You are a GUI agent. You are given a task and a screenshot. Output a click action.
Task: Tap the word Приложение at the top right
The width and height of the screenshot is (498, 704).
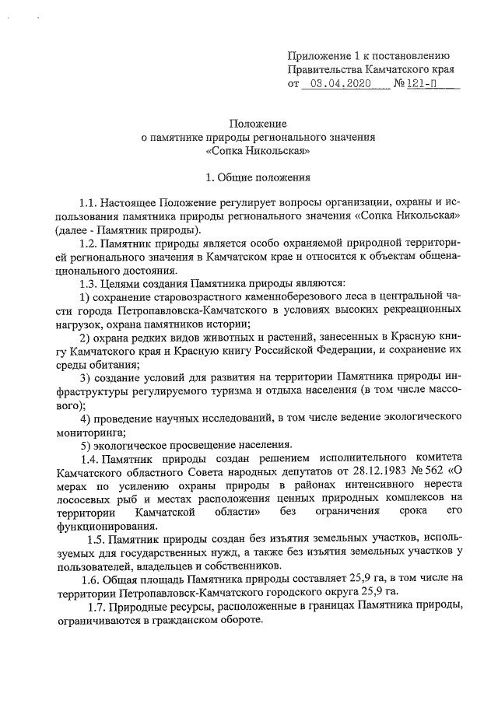[318, 55]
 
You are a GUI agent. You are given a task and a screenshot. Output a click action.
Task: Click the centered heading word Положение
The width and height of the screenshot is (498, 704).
[258, 123]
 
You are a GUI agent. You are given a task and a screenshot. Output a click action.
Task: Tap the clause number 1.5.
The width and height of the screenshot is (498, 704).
[97, 539]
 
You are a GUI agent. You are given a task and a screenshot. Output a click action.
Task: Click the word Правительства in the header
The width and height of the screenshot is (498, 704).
[321, 69]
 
